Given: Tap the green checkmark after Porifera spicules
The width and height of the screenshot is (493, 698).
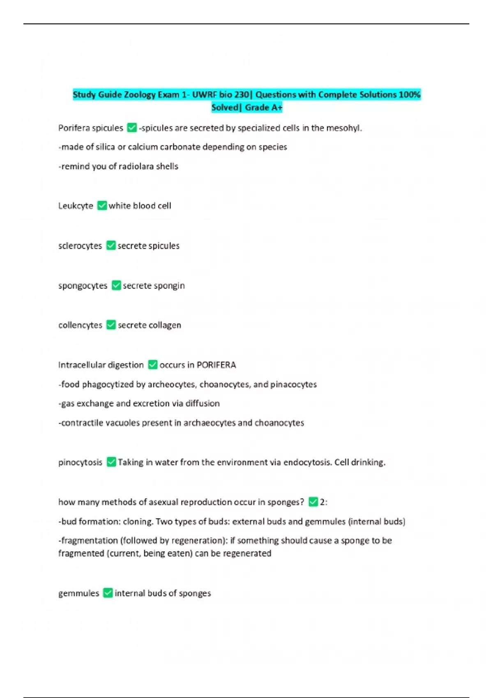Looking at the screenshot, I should pos(132,128).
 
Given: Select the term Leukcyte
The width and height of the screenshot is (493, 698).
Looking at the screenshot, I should pos(76,206).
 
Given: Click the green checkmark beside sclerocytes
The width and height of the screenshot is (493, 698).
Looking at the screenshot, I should pos(111,246).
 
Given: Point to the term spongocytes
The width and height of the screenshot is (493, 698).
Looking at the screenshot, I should pos(83,285).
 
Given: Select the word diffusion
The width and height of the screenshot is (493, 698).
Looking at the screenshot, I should pos(203,403).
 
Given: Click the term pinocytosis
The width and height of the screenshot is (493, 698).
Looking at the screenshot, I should pos(80,462).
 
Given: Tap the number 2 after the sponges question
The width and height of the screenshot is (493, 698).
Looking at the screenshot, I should pos(323,502).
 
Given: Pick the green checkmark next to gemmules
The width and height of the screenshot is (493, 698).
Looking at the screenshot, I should pos(108,593).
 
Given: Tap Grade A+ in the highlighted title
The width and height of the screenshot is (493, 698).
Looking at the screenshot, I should pos(263,108).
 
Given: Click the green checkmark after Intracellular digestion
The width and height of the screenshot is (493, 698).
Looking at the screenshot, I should pos(152,365).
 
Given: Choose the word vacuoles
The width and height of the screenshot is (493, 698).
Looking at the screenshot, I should pos(122,423).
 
